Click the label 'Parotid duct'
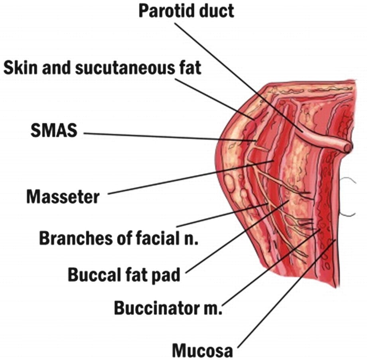pyautogui.click(x=186, y=11)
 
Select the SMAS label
pyautogui.click(x=54, y=130)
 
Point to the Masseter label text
pyautogui.click(x=63, y=197)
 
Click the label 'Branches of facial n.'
pyautogui.click(x=118, y=238)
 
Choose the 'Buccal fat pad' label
pyautogui.click(x=124, y=275)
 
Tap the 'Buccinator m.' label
pyautogui.click(x=168, y=308)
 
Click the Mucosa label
pyautogui.click(x=203, y=350)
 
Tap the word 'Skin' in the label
pyautogui.click(x=20, y=68)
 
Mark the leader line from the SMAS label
pyautogui.click(x=170, y=137)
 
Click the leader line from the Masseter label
pyautogui.click(x=190, y=177)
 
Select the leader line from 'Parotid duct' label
pyautogui.click(x=239, y=78)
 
